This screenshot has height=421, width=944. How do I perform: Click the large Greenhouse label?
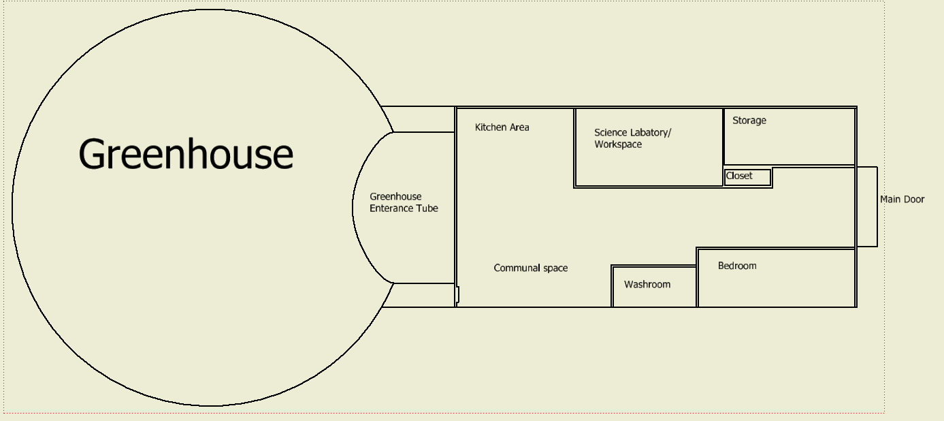186,155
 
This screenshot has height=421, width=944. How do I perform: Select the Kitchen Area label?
502,127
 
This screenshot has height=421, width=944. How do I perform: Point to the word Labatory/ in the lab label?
650,133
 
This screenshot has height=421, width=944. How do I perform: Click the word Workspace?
618,144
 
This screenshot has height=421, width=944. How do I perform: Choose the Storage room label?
749,121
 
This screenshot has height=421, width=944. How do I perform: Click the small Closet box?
747,177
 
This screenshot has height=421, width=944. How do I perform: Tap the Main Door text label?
902,200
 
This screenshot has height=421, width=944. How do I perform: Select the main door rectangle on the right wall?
866,206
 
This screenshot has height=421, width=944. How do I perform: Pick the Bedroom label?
737,266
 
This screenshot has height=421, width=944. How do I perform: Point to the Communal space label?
530,268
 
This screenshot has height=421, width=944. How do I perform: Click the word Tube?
428,208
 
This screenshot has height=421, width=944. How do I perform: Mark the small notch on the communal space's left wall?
457,294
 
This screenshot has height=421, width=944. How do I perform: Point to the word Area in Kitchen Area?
519,127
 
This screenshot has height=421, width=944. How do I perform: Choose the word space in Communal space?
555,268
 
